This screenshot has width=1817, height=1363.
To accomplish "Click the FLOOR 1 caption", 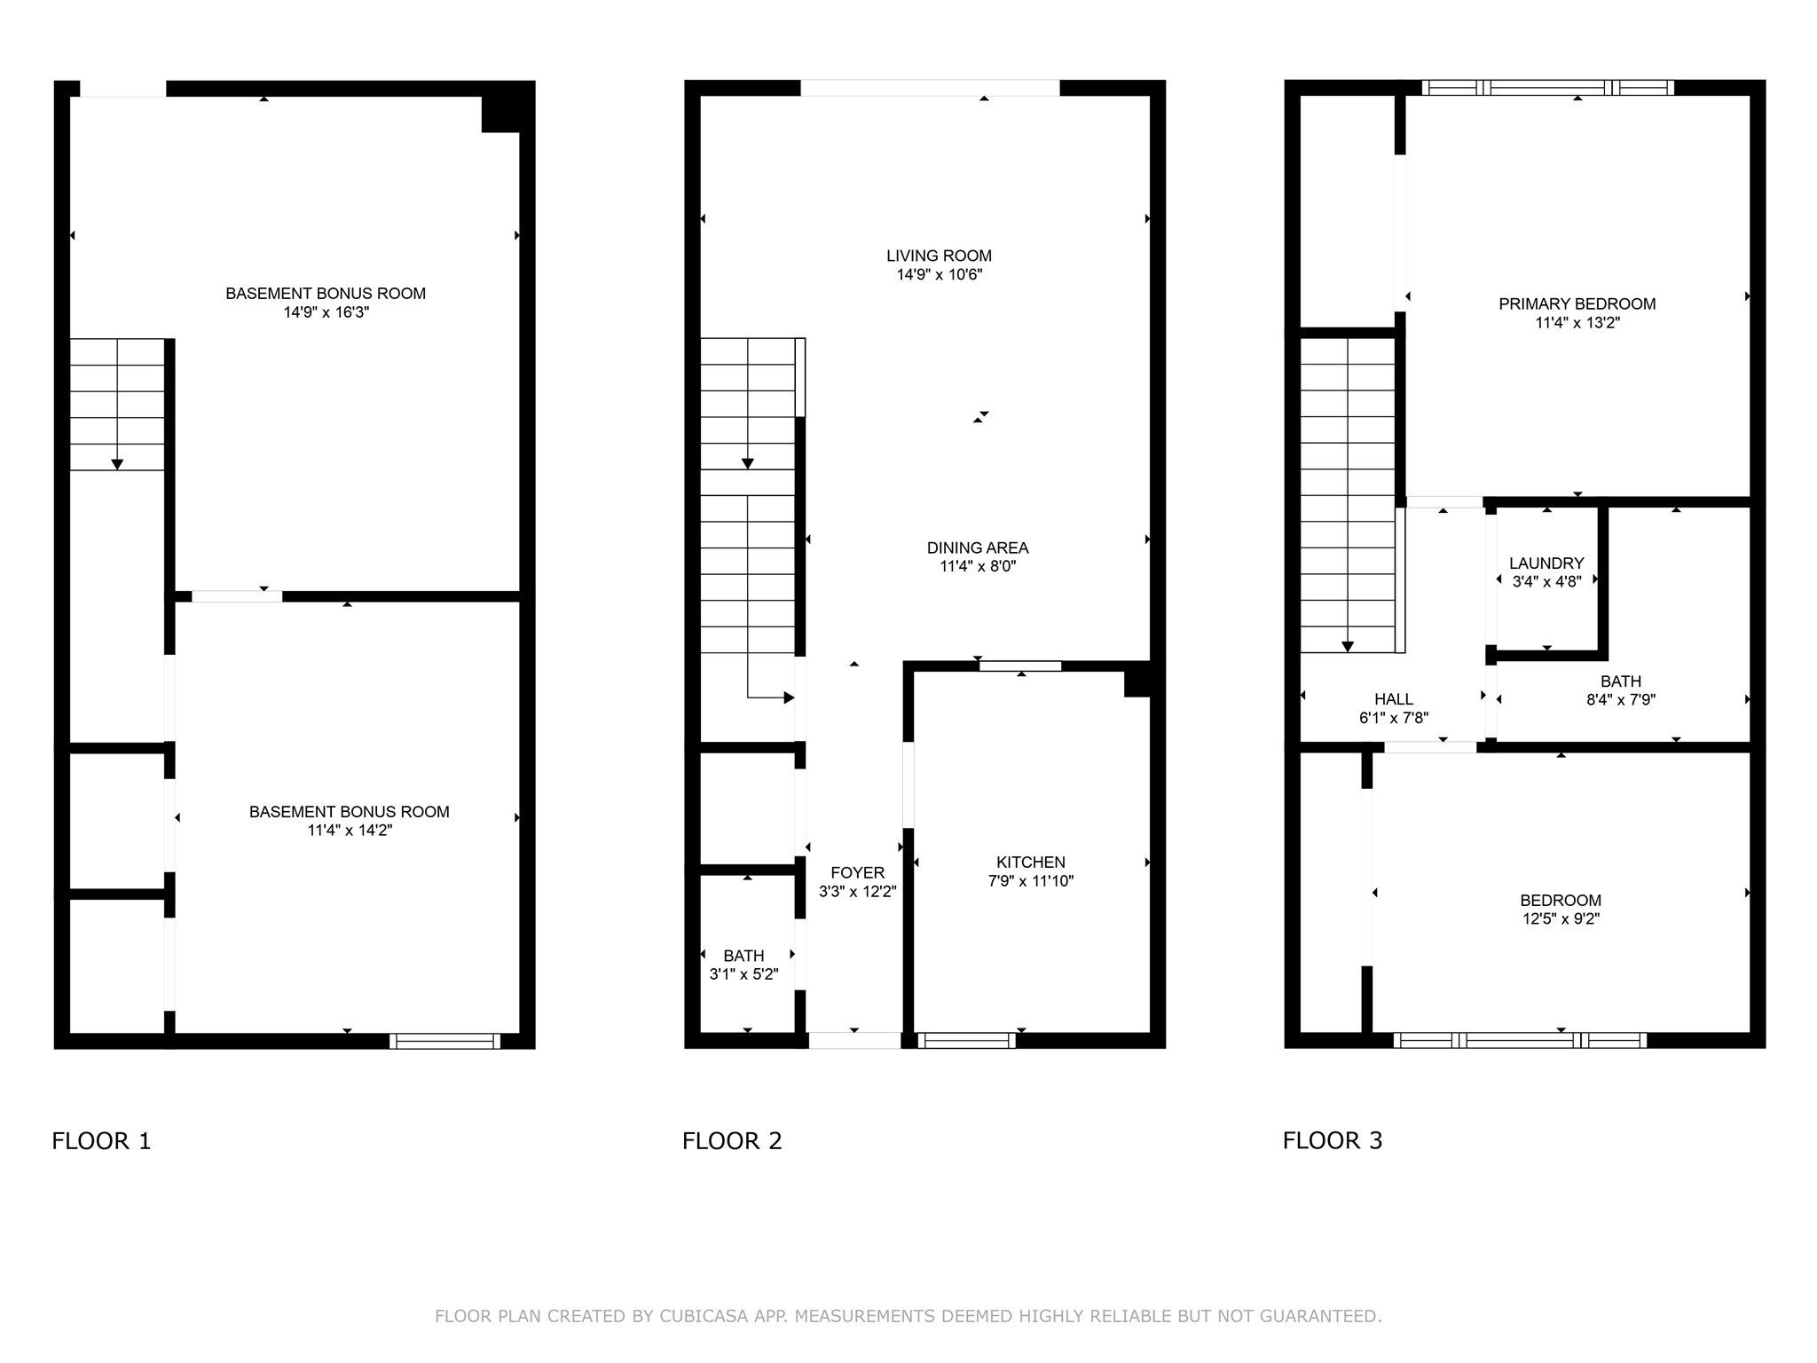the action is click(x=101, y=1141).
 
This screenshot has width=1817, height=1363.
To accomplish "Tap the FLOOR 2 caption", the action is click(x=732, y=1141).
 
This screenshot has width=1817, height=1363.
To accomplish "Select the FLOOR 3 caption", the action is click(x=1333, y=1141).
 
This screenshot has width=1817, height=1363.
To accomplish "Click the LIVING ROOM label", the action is click(x=939, y=256).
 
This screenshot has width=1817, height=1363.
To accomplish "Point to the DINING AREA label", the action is click(x=978, y=548).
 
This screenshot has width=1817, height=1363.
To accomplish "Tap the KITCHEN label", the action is click(x=1031, y=862).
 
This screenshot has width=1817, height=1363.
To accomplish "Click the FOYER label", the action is click(x=858, y=873).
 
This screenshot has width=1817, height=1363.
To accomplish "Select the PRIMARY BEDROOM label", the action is click(x=1577, y=303).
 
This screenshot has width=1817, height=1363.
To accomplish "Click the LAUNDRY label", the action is click(x=1546, y=563).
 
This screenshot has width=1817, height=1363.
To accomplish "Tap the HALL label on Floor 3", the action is click(x=1394, y=699).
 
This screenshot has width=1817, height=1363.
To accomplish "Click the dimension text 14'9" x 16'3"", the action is click(x=326, y=312).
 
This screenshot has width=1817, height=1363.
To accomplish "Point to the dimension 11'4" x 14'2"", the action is click(x=350, y=831).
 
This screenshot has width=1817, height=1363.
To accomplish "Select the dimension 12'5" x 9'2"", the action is click(x=1561, y=919).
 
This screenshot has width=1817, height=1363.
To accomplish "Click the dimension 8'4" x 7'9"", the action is click(x=1621, y=700).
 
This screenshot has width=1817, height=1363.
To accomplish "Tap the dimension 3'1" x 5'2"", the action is click(x=743, y=974).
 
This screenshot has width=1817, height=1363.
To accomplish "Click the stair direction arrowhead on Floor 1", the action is click(x=117, y=464).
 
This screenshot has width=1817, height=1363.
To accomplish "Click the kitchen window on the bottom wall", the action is click(x=967, y=1041).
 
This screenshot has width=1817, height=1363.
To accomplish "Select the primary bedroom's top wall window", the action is click(x=1548, y=88).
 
